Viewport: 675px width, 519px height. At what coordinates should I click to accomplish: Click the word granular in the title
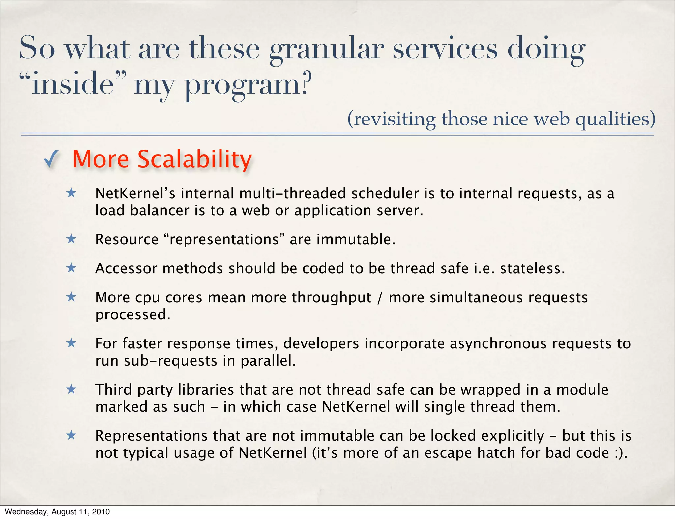point(326,49)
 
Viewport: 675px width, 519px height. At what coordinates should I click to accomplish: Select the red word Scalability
point(194,159)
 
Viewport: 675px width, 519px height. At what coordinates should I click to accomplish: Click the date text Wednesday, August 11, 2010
point(57,512)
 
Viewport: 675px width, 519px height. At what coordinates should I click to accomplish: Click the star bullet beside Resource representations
point(71,239)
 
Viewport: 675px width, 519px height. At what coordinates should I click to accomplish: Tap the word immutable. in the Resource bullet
point(356,239)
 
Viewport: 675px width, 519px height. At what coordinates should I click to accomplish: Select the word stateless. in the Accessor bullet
point(532,268)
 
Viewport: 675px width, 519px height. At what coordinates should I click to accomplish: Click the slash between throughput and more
point(380,297)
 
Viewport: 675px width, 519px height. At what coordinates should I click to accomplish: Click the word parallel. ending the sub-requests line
point(268,361)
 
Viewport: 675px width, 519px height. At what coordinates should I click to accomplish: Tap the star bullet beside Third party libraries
point(71,390)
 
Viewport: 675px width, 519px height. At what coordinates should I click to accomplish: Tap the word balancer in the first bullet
point(159,211)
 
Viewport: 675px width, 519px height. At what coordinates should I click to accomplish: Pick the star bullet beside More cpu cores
point(71,297)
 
